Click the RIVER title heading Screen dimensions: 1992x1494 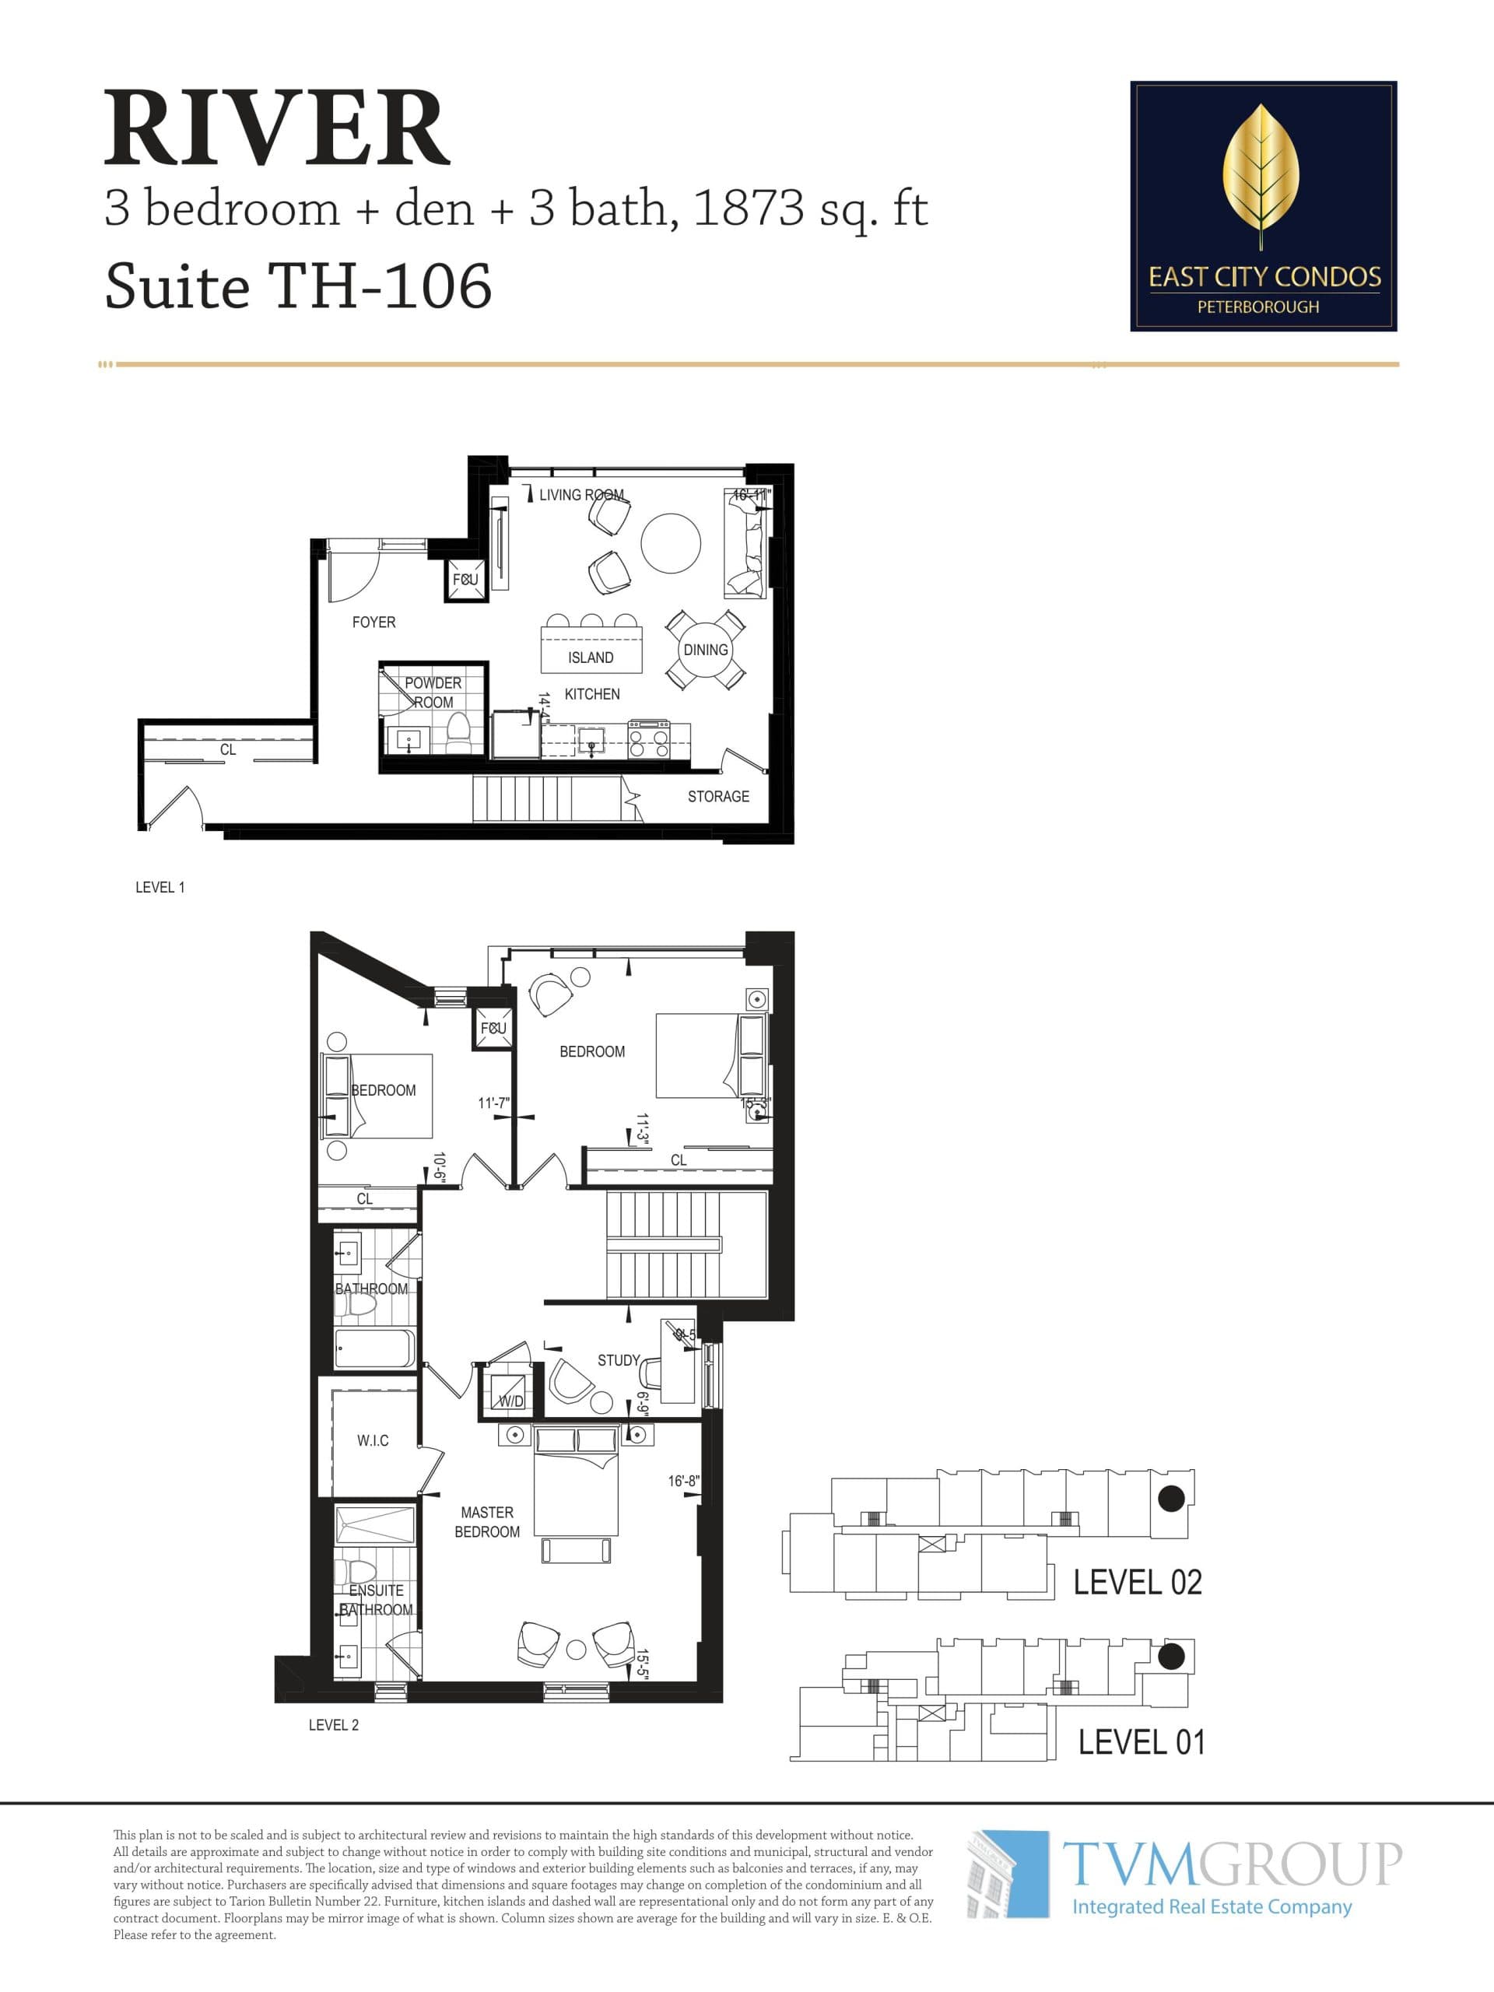276,128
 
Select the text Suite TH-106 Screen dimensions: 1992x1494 298,286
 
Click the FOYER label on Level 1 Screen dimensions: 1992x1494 373,622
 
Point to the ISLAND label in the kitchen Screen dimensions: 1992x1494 591,658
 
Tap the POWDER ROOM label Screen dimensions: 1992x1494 433,693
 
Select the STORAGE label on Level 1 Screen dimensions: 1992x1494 717,796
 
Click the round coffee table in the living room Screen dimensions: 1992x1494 670,543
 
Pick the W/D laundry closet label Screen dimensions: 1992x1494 510,1401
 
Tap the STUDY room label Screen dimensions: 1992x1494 619,1360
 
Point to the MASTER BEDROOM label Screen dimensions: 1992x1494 487,1522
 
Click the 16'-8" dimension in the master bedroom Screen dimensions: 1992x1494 683,1481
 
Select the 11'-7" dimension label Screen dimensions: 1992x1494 493,1103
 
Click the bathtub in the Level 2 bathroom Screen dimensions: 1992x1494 374,1348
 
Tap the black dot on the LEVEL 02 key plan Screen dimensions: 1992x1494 1171,1498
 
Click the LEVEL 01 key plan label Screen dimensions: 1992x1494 1141,1741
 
